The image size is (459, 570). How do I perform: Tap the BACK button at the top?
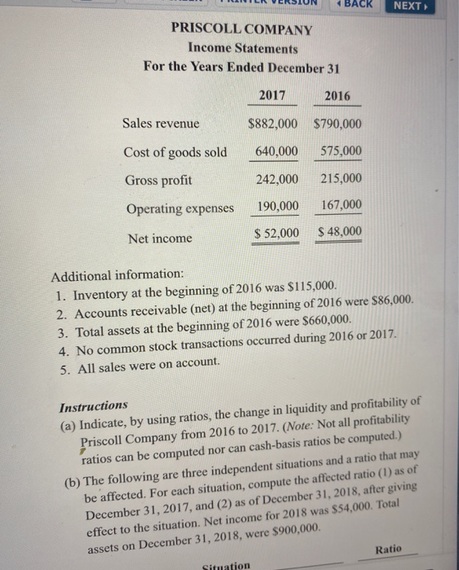pos(355,5)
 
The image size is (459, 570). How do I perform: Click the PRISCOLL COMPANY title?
pos(241,29)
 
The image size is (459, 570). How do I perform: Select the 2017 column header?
pos(271,95)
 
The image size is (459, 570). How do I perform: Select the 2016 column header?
pos(337,96)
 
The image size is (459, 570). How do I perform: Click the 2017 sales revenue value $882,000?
pos(273,124)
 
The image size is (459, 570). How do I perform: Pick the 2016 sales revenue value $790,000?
pos(338,125)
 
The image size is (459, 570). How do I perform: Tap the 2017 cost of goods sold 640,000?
pos(276,151)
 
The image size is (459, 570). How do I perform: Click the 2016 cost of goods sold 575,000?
pos(341,152)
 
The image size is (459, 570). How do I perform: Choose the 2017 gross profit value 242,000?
pos(277,179)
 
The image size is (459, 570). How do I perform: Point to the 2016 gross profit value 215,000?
pos(341,179)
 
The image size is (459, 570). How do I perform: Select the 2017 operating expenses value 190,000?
pos(277,206)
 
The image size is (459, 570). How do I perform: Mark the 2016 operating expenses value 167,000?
pos(342,205)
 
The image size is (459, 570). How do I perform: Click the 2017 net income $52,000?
pos(276,235)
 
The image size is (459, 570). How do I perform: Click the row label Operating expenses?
pos(179,208)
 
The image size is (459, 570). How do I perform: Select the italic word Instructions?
pos(94,405)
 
